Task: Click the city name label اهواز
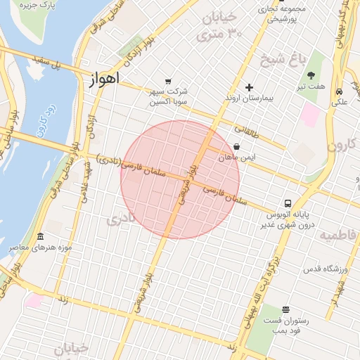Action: click(105, 78)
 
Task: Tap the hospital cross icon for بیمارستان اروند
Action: click(249, 87)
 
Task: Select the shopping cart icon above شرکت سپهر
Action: click(167, 82)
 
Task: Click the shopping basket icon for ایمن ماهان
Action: click(236, 148)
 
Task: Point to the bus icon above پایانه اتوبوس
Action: click(288, 202)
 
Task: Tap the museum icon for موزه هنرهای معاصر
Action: click(40, 236)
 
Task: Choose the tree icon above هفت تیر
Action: click(311, 75)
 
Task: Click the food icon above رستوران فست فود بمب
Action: click(285, 309)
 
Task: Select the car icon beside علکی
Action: click(340, 92)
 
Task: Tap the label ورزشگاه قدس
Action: click(322, 269)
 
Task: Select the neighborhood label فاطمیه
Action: click(338, 234)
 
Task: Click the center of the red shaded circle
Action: click(180, 179)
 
